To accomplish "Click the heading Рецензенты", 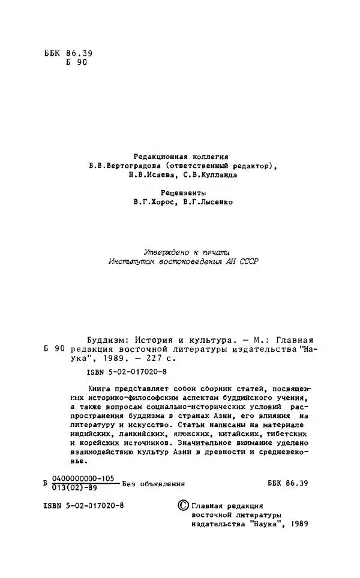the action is point(183,193).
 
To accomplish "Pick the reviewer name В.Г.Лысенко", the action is point(208,202).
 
